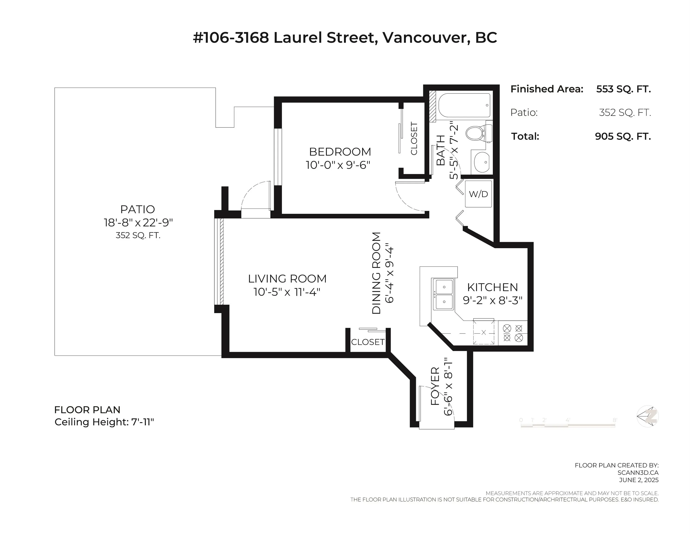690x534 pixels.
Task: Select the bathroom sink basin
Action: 481,162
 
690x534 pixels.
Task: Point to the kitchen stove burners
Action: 513,333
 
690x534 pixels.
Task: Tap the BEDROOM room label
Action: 340,152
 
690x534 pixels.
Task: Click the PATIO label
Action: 138,209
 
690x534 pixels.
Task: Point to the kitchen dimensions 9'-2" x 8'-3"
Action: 493,300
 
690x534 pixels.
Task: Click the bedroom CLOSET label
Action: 414,139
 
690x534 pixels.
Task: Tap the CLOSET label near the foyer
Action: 368,342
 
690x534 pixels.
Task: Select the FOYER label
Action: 435,386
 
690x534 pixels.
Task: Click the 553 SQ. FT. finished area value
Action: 623,89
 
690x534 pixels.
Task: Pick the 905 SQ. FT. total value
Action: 623,136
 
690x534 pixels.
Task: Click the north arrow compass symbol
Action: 648,416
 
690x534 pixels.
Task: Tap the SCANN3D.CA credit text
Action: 638,473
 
